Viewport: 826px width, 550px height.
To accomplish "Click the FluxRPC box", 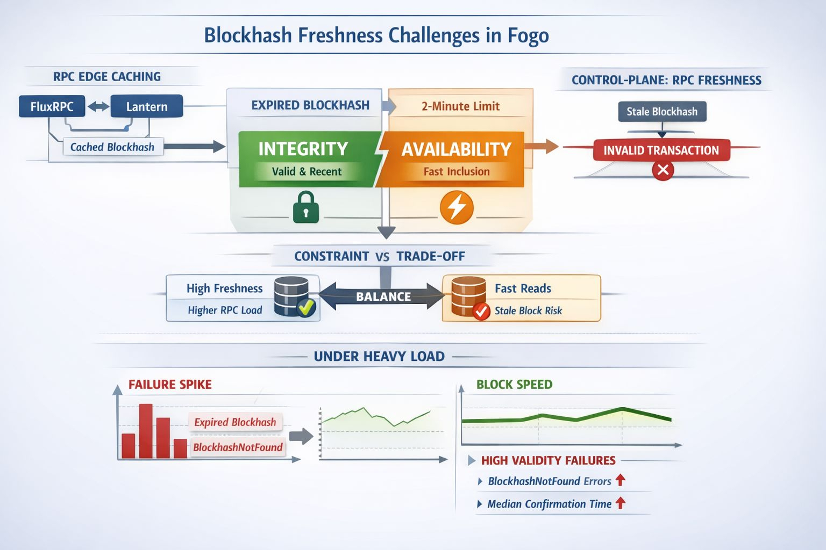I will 52,106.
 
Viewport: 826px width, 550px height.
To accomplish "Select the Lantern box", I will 147,106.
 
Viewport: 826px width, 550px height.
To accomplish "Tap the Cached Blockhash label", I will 112,147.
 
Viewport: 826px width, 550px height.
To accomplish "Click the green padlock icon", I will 305,207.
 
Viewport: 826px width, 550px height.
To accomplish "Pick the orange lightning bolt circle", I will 457,207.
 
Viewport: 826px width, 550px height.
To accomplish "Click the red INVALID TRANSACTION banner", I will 661,150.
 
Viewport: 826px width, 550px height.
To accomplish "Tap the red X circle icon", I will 663,170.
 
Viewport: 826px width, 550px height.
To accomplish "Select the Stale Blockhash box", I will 662,112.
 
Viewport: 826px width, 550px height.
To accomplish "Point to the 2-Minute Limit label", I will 460,106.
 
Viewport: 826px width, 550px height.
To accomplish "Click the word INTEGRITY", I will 303,149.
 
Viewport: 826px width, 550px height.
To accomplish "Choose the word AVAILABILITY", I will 457,149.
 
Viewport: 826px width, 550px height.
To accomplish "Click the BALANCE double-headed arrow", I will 383,296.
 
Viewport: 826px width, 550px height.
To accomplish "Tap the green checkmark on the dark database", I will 306,308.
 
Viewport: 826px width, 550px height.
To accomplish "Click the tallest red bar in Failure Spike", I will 146,431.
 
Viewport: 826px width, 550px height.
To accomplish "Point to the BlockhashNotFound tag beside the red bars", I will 238,447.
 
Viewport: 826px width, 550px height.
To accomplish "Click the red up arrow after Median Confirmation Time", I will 621,503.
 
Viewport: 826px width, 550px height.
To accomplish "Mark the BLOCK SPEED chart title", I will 514,385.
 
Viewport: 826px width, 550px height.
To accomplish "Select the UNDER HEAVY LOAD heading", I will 379,357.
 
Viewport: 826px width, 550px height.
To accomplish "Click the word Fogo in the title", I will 528,35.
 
